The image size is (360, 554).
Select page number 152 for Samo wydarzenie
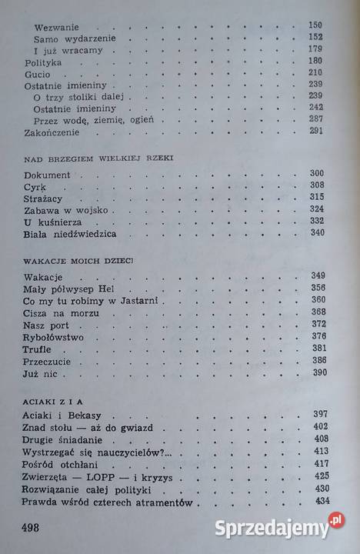point(316,36)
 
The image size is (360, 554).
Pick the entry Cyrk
point(35,186)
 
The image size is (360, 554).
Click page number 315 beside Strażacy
point(316,197)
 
